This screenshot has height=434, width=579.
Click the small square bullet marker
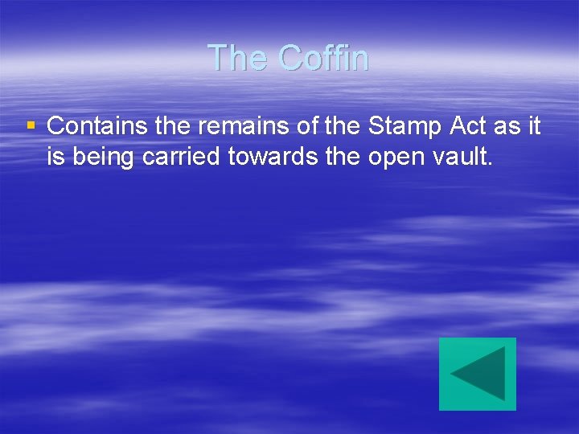pyautogui.click(x=31, y=126)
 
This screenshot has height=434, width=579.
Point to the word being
pyautogui.click(x=105, y=158)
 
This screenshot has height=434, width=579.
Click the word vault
pyautogui.click(x=462, y=157)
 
